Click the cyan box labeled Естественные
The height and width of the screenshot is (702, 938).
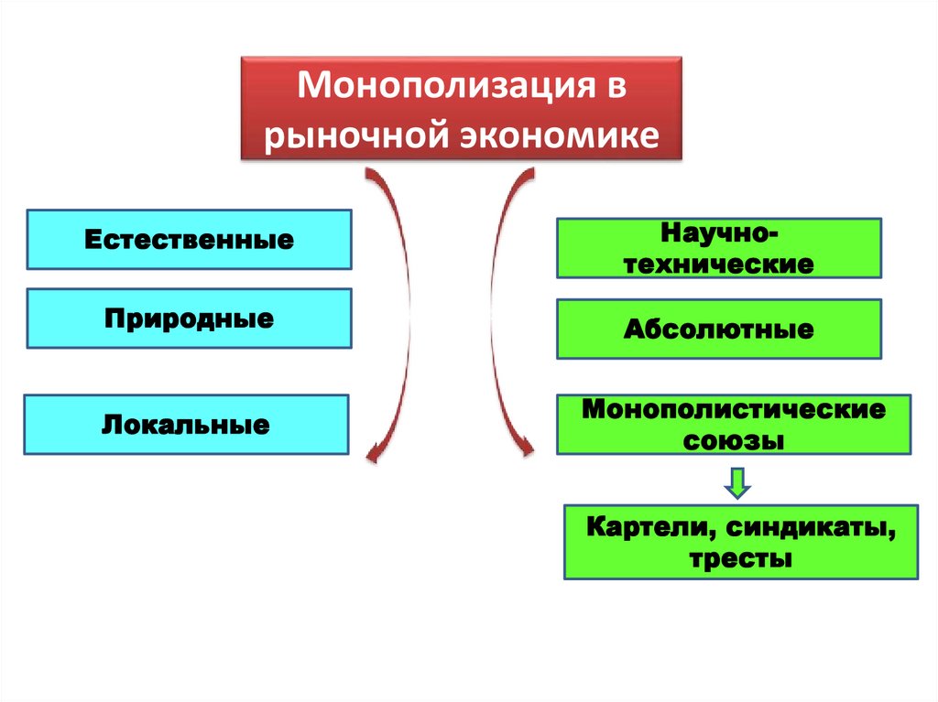(189, 240)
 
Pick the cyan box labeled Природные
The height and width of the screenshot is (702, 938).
(189, 319)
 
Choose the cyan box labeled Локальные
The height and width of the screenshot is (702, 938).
(186, 425)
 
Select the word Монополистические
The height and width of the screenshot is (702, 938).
(734, 409)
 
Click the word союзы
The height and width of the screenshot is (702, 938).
(734, 439)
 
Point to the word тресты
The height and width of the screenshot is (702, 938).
(741, 558)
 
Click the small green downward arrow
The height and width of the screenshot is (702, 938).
(737, 481)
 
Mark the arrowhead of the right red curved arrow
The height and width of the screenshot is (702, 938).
(525, 448)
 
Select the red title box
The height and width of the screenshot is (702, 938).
(462, 110)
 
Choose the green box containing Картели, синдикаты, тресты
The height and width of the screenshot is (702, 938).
(741, 541)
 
